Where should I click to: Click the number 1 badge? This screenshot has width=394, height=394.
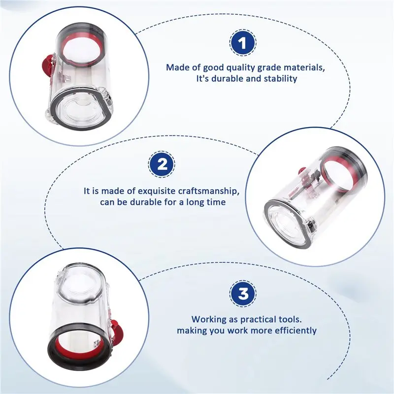coord(243,43)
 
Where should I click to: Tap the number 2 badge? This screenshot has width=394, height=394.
coord(162,164)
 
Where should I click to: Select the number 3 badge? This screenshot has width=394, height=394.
coord(243,294)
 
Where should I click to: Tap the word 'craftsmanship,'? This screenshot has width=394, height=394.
coord(209,191)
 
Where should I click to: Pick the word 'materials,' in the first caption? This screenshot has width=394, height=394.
coord(304,67)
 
